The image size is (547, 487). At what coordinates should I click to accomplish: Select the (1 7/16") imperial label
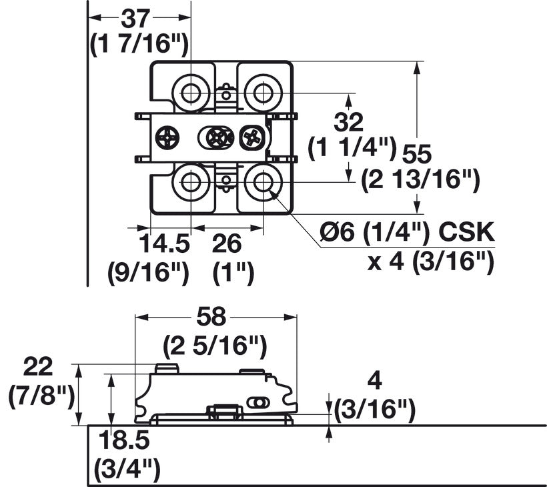139,44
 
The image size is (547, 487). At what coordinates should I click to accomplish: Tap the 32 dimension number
348,122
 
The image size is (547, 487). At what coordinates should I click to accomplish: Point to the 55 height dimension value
417,154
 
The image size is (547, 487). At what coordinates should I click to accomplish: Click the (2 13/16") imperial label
421,180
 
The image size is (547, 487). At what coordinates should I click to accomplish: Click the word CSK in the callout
466,231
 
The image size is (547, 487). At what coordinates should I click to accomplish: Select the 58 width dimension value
211,317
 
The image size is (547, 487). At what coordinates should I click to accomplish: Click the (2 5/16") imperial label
215,346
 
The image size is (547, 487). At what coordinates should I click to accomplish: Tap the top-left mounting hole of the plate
191,93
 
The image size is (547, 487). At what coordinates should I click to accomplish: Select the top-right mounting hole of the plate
263,93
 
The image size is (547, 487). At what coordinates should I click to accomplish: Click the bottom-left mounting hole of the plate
191,182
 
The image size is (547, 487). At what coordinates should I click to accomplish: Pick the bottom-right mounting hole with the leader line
263,182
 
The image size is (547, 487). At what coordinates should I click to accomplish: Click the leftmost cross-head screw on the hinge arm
167,137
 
